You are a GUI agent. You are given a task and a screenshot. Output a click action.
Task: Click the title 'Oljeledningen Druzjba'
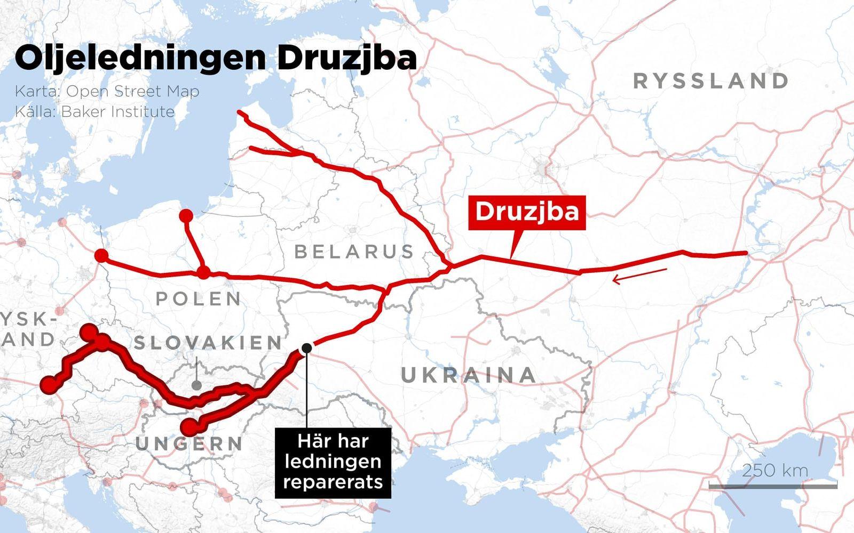(216, 59)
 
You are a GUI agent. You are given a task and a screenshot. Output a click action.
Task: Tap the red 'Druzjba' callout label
(527, 212)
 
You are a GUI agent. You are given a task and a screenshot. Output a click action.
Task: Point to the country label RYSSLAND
(711, 81)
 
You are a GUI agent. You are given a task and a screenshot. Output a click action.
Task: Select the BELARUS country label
(354, 251)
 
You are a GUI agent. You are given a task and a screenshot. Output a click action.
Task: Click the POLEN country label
(199, 298)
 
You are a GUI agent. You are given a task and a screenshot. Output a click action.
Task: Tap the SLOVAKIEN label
(208, 342)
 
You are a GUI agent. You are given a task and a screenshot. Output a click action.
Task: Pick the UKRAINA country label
(469, 375)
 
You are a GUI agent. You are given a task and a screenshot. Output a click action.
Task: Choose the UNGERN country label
(189, 443)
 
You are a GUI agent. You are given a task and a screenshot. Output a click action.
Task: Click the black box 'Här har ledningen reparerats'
(333, 462)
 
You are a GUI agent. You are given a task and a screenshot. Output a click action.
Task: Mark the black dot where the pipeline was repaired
(307, 348)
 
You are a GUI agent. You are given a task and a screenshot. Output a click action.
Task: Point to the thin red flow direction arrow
(639, 276)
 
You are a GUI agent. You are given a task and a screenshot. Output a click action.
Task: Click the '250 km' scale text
(775, 470)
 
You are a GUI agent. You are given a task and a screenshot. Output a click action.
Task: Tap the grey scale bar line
(772, 486)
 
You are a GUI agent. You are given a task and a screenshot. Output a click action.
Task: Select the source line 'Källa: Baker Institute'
(94, 111)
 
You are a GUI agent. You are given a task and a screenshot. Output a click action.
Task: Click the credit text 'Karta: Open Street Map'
(107, 91)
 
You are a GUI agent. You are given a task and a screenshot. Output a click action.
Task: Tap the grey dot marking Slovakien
(196, 385)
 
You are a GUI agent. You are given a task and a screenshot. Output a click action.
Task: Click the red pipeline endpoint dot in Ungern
(188, 427)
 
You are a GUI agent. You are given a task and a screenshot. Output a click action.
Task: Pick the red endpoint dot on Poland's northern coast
(186, 216)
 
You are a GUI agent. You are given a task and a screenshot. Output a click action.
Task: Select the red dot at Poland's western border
(101, 256)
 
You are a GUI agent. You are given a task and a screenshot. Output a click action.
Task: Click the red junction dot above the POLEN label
(203, 273)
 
